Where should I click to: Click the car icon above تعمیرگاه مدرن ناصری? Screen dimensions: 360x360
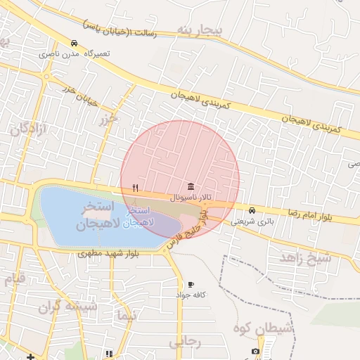pyautogui.click(x=75, y=43)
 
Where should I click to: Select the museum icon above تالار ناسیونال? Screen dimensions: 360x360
pyautogui.click(x=191, y=186)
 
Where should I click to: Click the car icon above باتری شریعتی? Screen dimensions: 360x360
pyautogui.click(x=252, y=210)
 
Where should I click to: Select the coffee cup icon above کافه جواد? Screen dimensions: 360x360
pyautogui.click(x=191, y=284)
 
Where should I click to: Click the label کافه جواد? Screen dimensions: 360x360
pyautogui.click(x=190, y=295)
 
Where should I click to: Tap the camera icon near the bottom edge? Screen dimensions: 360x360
pyautogui.click(x=255, y=351)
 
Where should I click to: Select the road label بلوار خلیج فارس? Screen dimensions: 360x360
pyautogui.click(x=187, y=231)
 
